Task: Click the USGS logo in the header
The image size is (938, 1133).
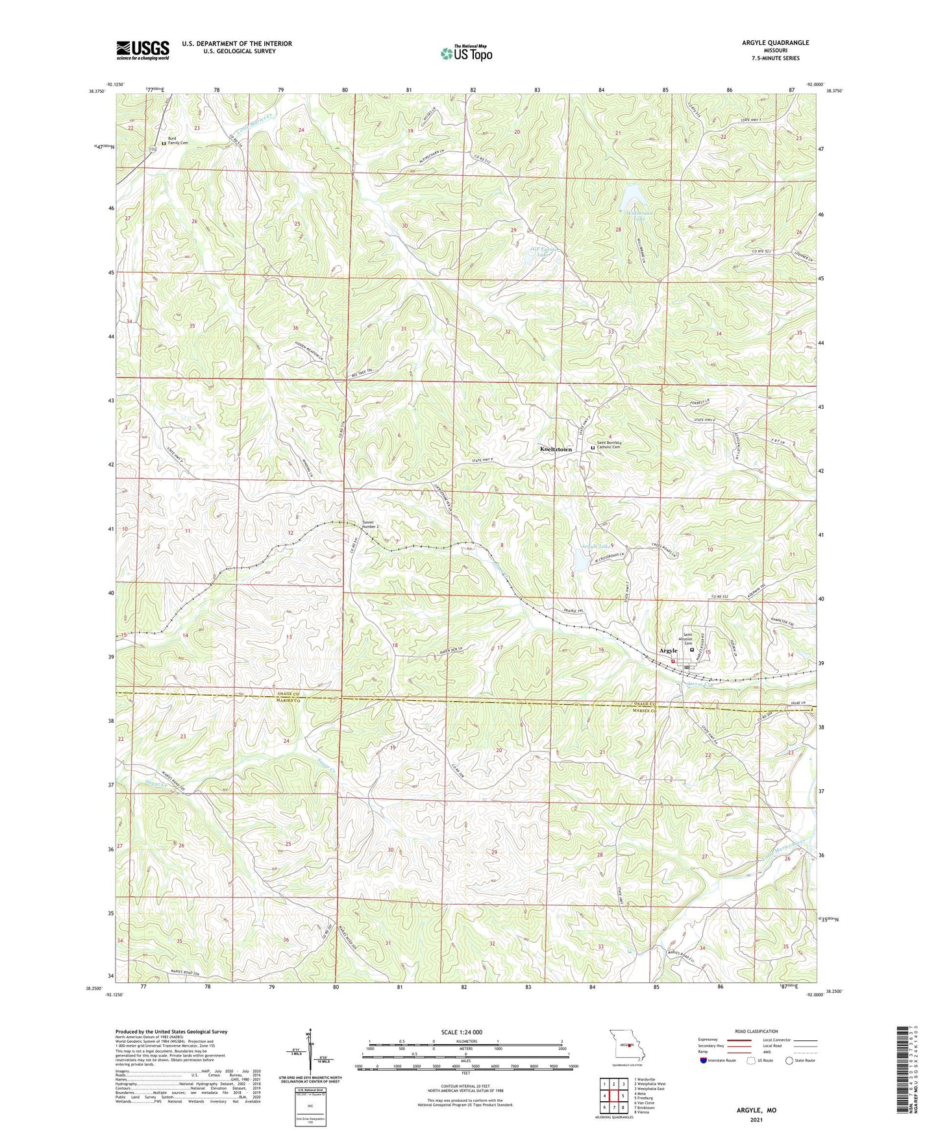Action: click(143, 50)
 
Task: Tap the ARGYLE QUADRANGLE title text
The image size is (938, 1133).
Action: click(772, 42)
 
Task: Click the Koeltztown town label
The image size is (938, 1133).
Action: click(556, 449)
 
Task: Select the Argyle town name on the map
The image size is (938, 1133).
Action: click(668, 650)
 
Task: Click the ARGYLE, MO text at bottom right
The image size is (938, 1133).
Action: click(756, 1110)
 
